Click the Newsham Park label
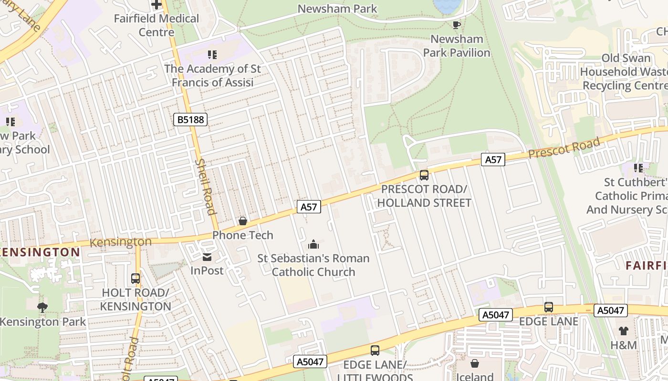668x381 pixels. pos(337,9)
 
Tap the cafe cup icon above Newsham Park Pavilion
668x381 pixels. pos(457,25)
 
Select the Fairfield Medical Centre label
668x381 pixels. pos(157,25)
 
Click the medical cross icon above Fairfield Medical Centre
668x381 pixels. pos(157,5)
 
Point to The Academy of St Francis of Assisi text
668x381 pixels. pos(212,75)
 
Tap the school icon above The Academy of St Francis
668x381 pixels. pos(212,55)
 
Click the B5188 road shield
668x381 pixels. pos(190,120)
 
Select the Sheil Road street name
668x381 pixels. pos(206,187)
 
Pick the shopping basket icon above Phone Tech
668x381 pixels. pos(243,221)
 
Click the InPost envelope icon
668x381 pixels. pos(207,257)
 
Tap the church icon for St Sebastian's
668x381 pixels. pos(313,244)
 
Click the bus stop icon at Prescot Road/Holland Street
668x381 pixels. pos(424,175)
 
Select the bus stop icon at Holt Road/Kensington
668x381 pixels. pos(136,279)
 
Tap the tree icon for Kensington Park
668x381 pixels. pos(42,307)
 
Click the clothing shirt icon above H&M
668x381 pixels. pos(624,331)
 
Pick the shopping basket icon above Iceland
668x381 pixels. pos(475,364)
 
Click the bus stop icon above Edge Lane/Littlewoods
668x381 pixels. pos(375,351)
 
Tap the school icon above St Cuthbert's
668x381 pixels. pos(638,168)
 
